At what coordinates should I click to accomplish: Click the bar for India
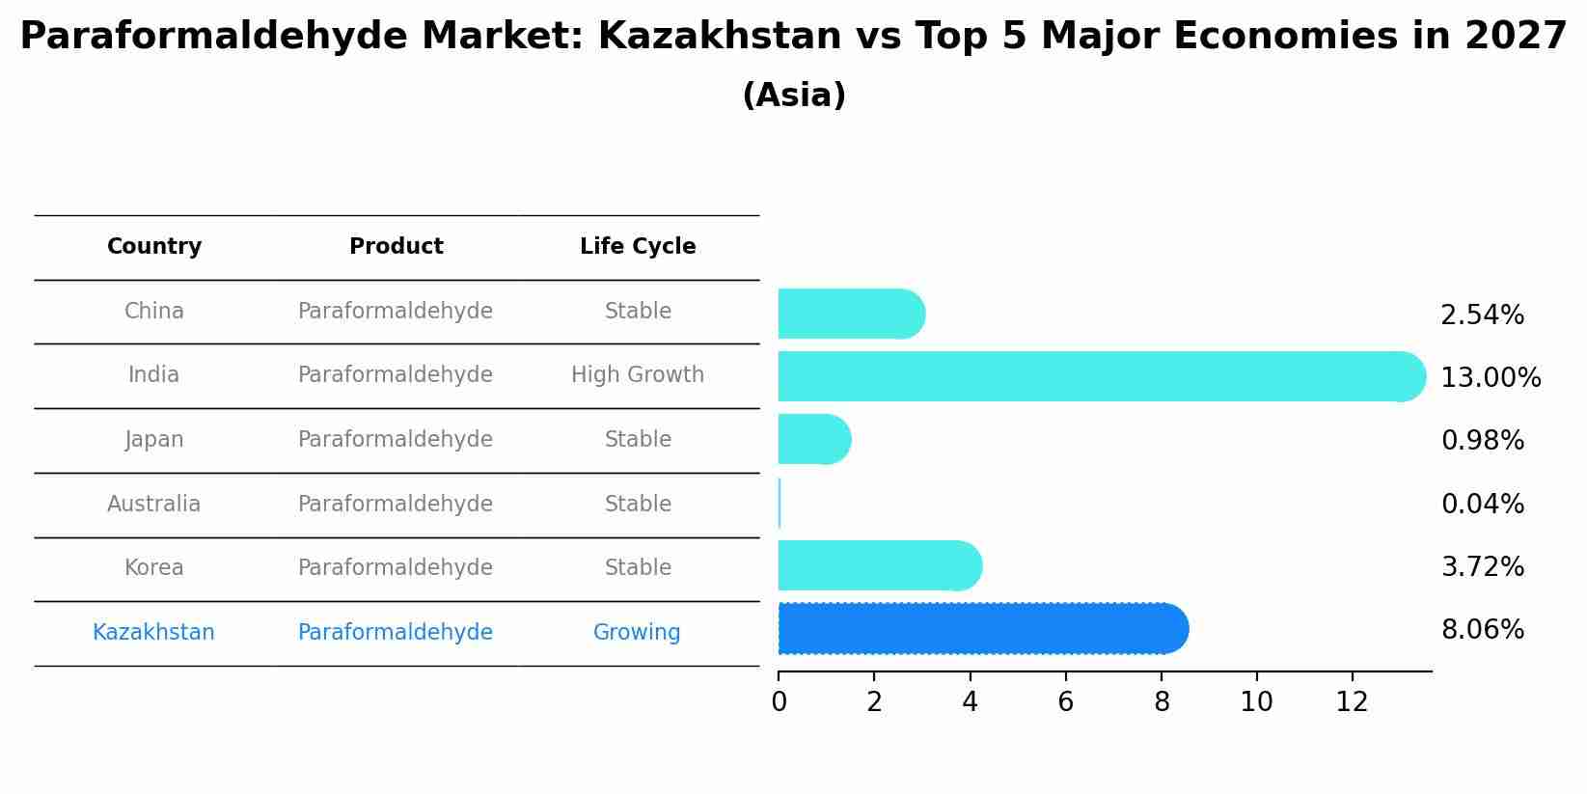1100,376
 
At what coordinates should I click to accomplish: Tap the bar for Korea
879,565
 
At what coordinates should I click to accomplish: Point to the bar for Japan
813,439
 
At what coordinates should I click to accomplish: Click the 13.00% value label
1491,378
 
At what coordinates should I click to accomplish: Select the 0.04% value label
1482,504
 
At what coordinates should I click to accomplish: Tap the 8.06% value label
1482,630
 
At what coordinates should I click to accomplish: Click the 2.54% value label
1482,315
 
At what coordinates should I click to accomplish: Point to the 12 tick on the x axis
1352,702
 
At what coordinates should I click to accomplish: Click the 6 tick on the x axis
1065,702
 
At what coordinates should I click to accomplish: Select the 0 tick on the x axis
779,702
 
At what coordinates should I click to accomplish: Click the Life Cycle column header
638,247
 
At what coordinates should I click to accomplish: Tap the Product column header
396,247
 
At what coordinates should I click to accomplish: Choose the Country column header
154,247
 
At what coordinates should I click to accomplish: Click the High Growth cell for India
638,374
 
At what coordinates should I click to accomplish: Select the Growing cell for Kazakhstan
637,632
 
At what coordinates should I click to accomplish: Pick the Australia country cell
154,504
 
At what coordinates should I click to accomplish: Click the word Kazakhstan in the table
153,632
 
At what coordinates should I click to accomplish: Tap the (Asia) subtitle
794,96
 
